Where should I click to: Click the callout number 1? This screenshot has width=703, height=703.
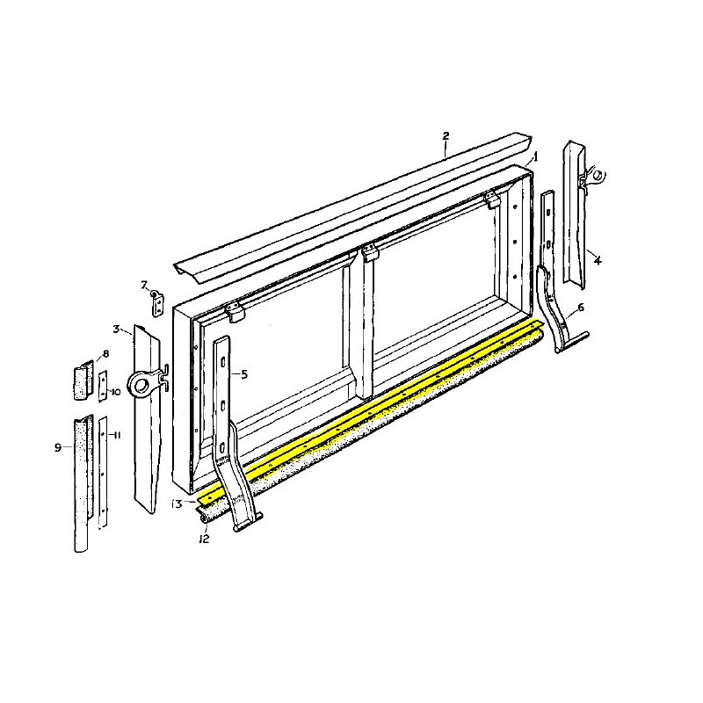coord(535,156)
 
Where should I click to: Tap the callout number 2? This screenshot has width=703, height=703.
coord(446,136)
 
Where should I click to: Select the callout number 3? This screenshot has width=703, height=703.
coord(116,329)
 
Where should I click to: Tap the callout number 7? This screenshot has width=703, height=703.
coord(144,284)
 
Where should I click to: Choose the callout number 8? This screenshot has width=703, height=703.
coord(105,354)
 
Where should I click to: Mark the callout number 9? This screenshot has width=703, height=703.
coord(58,447)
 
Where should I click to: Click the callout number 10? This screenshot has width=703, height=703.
coord(115,391)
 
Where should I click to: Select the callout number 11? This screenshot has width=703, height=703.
coord(117,436)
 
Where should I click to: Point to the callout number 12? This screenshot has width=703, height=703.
coord(203,538)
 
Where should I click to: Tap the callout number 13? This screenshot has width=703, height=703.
coord(177,504)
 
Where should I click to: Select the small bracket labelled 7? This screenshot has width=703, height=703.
coord(157,303)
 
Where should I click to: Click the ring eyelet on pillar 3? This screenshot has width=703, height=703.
coord(141,384)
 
